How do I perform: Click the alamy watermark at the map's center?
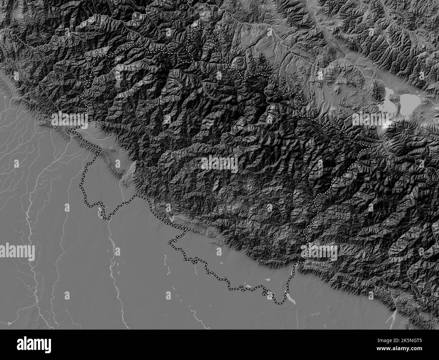coord(219,163)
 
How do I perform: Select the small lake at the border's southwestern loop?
coord(100,213)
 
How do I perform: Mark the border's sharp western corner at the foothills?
coord(70,130)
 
